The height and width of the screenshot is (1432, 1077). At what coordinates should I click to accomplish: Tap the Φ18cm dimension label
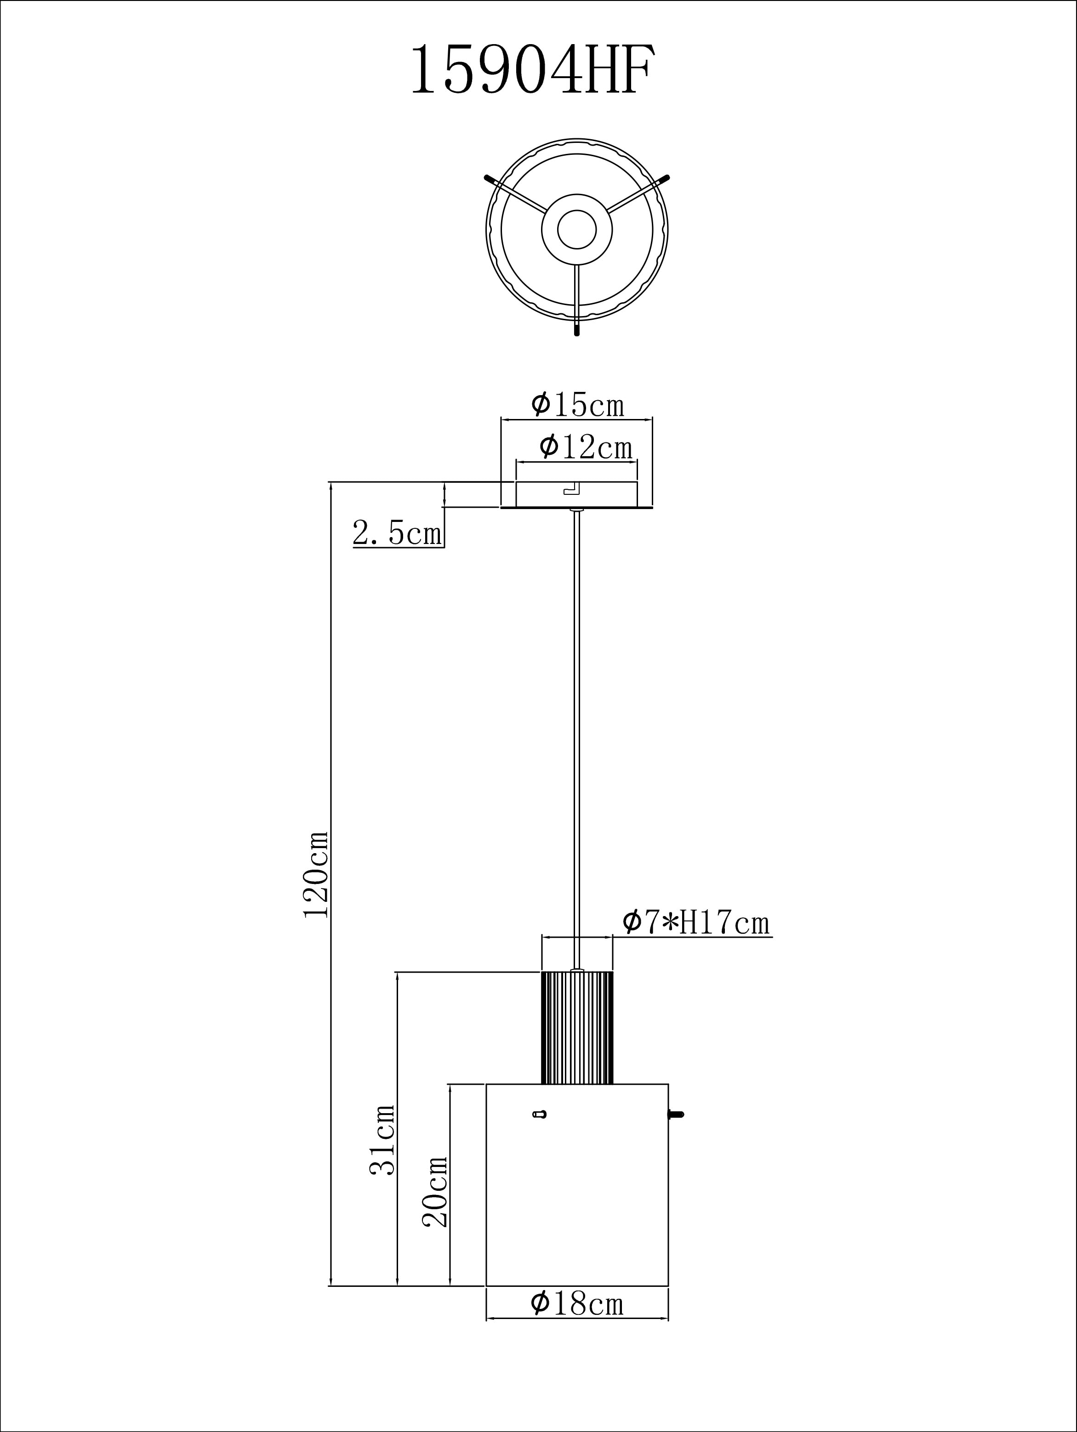pyautogui.click(x=576, y=1303)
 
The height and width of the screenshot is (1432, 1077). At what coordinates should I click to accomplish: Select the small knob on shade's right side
pyautogui.click(x=675, y=1114)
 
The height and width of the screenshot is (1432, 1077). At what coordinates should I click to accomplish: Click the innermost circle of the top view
pyautogui.click(x=576, y=229)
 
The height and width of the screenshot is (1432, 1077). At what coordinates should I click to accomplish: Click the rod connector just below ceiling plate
pyautogui.click(x=576, y=511)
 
